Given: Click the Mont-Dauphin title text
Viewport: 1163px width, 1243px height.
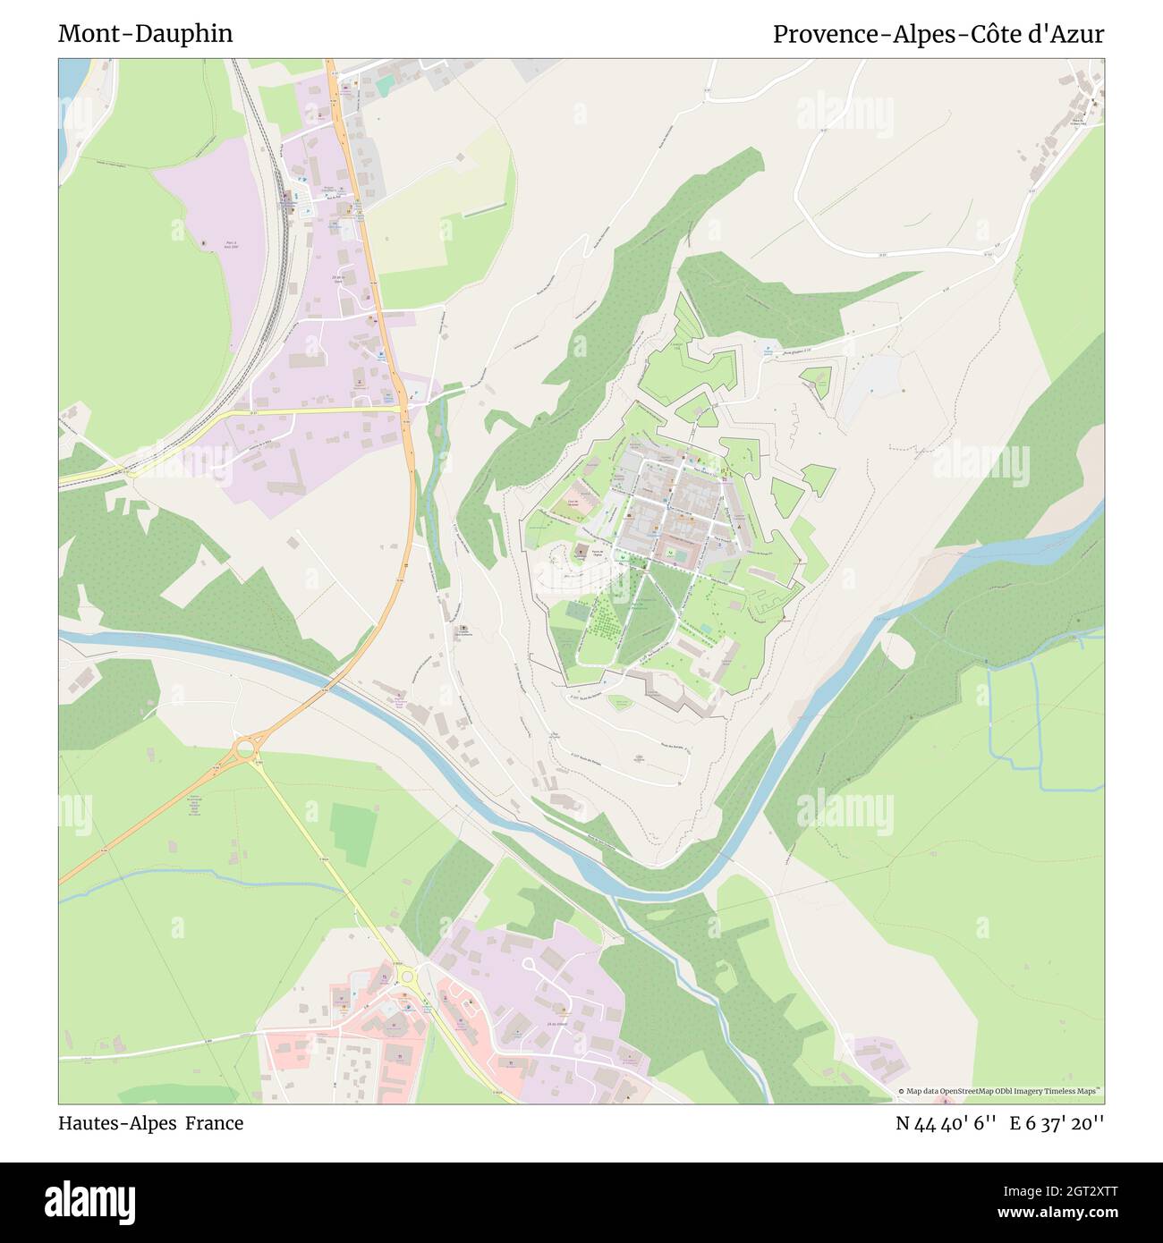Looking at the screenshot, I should tap(145, 34).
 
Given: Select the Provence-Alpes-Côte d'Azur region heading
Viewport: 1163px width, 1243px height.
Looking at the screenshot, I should tap(938, 34).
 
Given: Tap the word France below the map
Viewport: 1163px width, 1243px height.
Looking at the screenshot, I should tap(214, 1123).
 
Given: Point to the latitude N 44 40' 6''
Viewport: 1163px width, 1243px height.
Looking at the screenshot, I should tap(946, 1123).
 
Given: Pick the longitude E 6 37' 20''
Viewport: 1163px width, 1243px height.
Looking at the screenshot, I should tap(1057, 1123).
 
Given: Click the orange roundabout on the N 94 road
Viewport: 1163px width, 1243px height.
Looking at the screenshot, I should tap(244, 748).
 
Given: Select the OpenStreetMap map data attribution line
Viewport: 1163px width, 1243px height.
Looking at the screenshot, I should tap(999, 1091).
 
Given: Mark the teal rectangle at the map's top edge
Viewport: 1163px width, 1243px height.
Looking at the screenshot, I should tap(385, 86).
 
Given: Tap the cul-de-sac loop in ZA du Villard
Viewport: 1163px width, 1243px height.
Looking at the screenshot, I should tap(530, 964).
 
